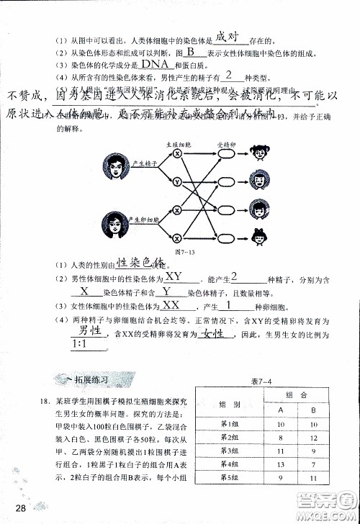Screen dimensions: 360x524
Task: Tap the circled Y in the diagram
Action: (x=176, y=182)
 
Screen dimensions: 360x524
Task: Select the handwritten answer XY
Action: (x=174, y=276)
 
